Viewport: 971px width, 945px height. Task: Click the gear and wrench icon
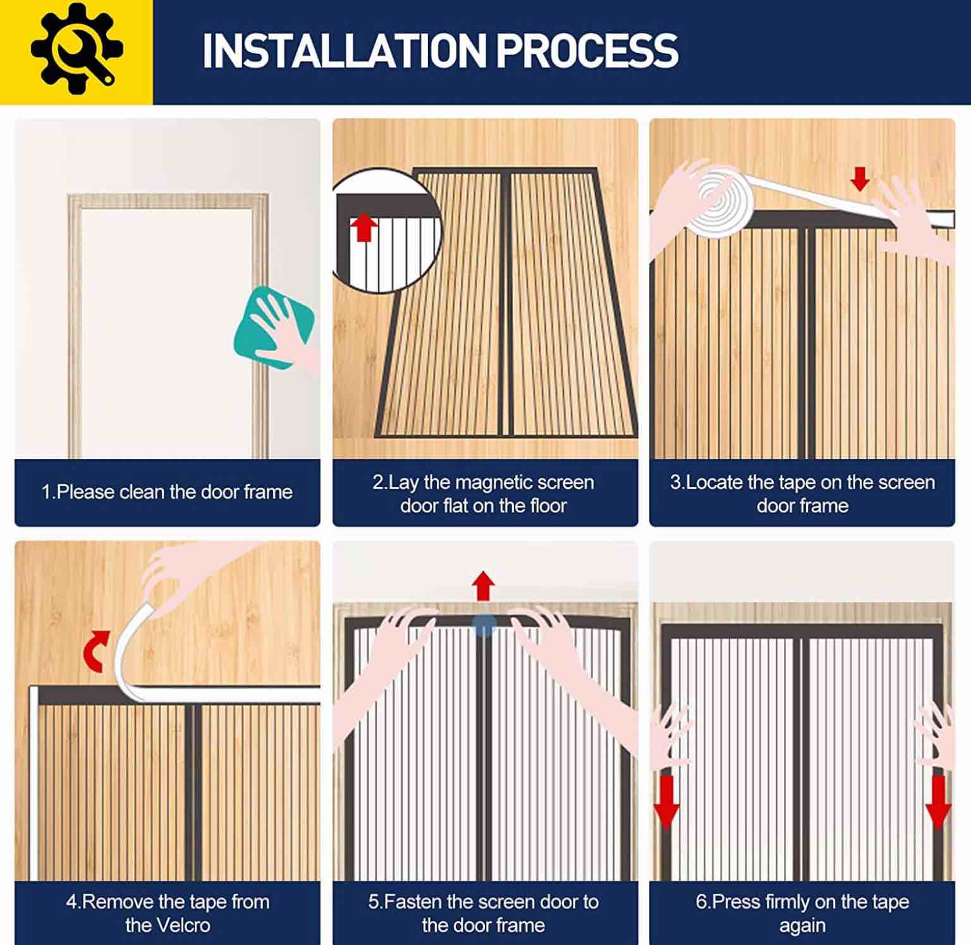point(76,49)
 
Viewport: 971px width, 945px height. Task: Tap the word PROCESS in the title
point(587,51)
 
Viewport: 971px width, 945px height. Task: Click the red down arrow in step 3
point(860,178)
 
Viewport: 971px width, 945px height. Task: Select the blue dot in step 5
point(484,625)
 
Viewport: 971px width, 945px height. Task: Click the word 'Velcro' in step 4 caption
point(168,925)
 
